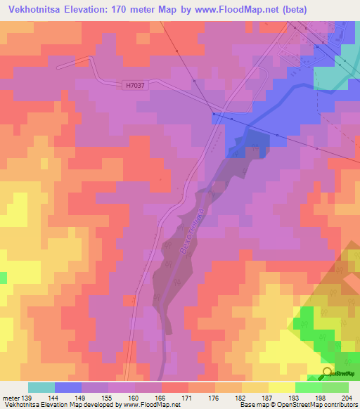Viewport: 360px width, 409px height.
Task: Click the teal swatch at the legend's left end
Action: coord(41,387)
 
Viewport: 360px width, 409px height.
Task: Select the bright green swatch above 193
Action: coord(308,387)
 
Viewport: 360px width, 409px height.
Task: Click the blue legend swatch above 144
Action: coord(68,387)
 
